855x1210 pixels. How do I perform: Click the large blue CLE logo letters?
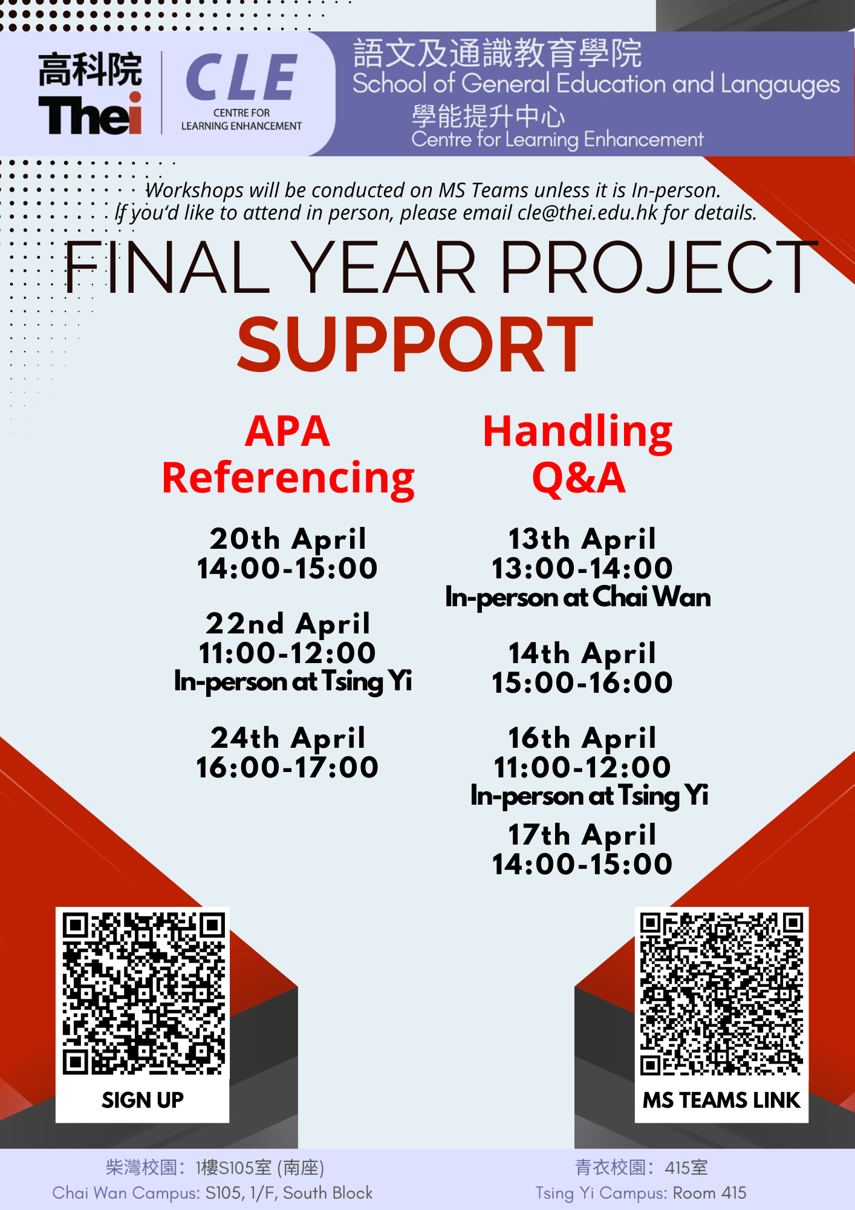click(x=241, y=77)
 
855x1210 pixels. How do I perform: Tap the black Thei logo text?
click(x=90, y=114)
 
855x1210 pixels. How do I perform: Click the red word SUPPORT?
click(x=415, y=344)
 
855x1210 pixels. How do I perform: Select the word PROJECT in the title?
click(x=658, y=267)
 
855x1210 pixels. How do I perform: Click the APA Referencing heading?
click(x=288, y=454)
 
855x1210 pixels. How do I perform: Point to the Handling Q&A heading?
click(x=578, y=454)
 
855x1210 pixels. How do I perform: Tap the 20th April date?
click(x=288, y=539)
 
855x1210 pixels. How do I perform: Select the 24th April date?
click(x=288, y=738)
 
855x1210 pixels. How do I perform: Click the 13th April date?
click(x=582, y=539)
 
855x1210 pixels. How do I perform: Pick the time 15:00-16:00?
click(x=582, y=682)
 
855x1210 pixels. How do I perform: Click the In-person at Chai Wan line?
click(x=578, y=598)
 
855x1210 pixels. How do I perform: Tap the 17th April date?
click(x=582, y=835)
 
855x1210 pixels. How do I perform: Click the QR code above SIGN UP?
click(x=143, y=993)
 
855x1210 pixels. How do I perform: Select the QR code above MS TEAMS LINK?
click(x=722, y=994)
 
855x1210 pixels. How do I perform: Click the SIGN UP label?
click(x=143, y=1100)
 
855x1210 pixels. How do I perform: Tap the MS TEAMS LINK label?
click(x=721, y=1100)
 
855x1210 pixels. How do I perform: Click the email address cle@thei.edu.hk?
click(x=587, y=213)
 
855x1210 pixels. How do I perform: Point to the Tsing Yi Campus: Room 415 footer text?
click(x=641, y=1193)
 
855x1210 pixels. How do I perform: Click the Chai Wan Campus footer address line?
click(x=212, y=1193)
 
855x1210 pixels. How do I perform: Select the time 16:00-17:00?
click(x=288, y=767)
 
